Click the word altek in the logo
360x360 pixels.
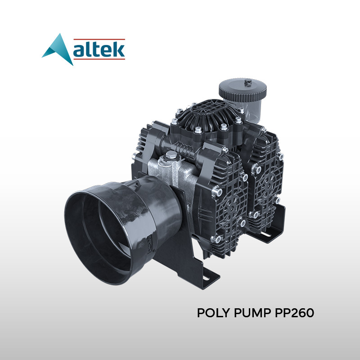pos(99,49)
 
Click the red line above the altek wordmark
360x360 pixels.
pos(99,39)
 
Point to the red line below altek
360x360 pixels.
pos(99,59)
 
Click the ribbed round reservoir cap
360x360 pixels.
pos(243,90)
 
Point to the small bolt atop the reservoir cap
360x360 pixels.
pos(247,82)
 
